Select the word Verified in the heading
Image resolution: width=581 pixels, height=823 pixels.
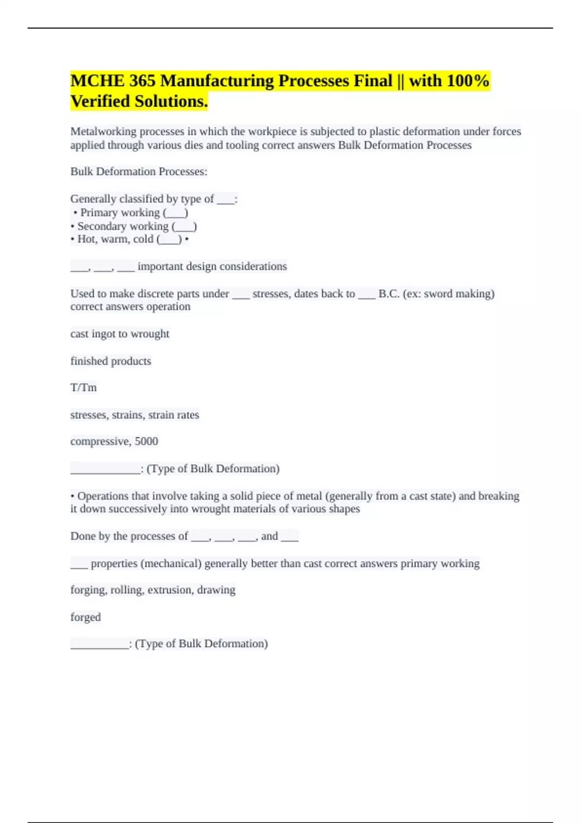(x=100, y=102)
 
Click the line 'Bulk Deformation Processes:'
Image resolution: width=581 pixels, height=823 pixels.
(x=139, y=172)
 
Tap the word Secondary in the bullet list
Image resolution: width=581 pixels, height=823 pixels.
(x=99, y=226)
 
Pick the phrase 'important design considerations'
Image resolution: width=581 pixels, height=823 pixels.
(x=212, y=266)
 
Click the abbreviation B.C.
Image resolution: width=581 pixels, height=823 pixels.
(x=389, y=294)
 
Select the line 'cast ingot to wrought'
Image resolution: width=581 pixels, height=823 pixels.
(x=120, y=334)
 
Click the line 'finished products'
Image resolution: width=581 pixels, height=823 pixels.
(x=111, y=361)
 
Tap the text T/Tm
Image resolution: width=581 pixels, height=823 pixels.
(x=84, y=388)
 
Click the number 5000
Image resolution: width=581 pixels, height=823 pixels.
(x=146, y=442)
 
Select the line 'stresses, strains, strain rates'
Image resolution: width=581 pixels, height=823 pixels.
(x=135, y=415)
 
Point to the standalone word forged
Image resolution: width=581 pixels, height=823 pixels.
(x=86, y=617)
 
